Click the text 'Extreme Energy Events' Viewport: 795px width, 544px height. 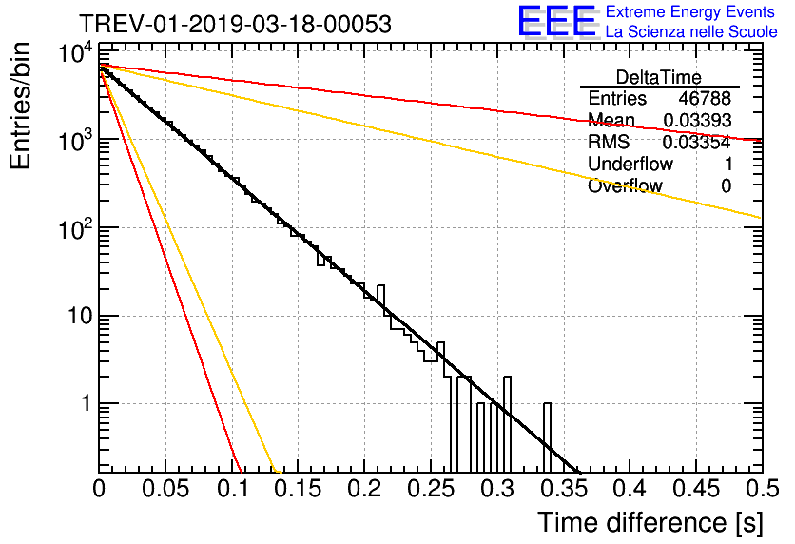click(690, 12)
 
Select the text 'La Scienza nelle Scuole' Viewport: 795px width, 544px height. click(691, 32)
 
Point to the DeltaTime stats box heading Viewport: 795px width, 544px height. click(659, 77)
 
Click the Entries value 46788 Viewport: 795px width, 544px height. click(705, 99)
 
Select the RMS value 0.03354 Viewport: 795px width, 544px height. click(696, 143)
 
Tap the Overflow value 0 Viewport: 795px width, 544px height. click(726, 186)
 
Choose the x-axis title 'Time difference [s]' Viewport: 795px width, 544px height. click(650, 522)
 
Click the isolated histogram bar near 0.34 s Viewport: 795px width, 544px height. click(547, 437)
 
